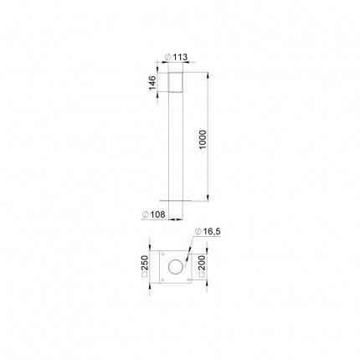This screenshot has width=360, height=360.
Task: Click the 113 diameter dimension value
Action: click(180, 57)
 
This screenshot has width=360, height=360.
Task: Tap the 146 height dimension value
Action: click(152, 83)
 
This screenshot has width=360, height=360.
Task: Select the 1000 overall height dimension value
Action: click(203, 140)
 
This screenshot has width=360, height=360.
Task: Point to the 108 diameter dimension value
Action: click(158, 214)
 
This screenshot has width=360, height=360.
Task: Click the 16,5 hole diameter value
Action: click(212, 231)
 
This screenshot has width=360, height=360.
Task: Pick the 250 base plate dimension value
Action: click(145, 263)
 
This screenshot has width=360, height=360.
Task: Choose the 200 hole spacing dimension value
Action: click(202, 263)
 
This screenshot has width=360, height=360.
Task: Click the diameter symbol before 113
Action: click(168, 57)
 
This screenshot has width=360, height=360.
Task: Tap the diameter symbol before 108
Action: click(146, 214)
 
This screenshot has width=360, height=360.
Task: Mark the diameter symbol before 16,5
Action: click(198, 231)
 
